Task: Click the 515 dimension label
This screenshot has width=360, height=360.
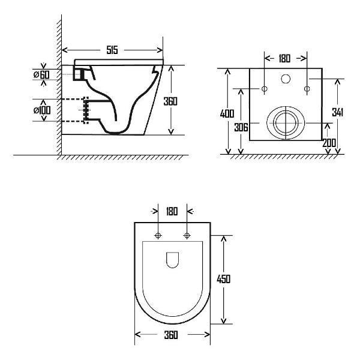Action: tap(112, 50)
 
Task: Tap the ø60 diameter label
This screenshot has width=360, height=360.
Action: tap(41, 74)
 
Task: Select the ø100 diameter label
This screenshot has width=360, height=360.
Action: tap(42, 110)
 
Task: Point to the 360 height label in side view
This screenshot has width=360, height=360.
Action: tap(170, 101)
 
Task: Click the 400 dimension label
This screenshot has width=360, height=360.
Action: tap(227, 114)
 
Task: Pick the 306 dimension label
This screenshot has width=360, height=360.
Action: tap(241, 127)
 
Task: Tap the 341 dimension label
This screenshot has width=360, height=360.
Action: tap(337, 112)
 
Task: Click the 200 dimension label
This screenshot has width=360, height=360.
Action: tap(329, 143)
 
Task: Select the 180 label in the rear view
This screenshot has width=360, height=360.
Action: tap(284, 59)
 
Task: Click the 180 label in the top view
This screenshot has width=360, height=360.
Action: tap(172, 211)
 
